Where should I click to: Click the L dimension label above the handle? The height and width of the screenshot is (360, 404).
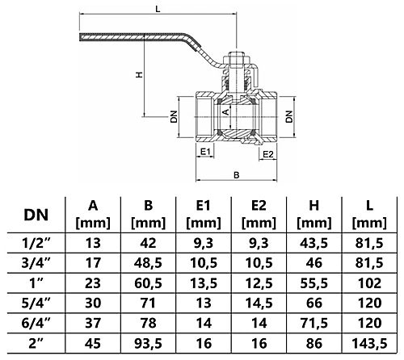[x=158, y=8]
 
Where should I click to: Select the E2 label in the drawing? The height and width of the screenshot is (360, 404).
[x=268, y=153]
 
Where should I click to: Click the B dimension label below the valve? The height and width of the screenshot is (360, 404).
[x=235, y=174]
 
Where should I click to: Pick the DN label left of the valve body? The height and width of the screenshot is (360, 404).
[x=173, y=116]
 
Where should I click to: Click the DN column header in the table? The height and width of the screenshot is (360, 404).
[x=36, y=214]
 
